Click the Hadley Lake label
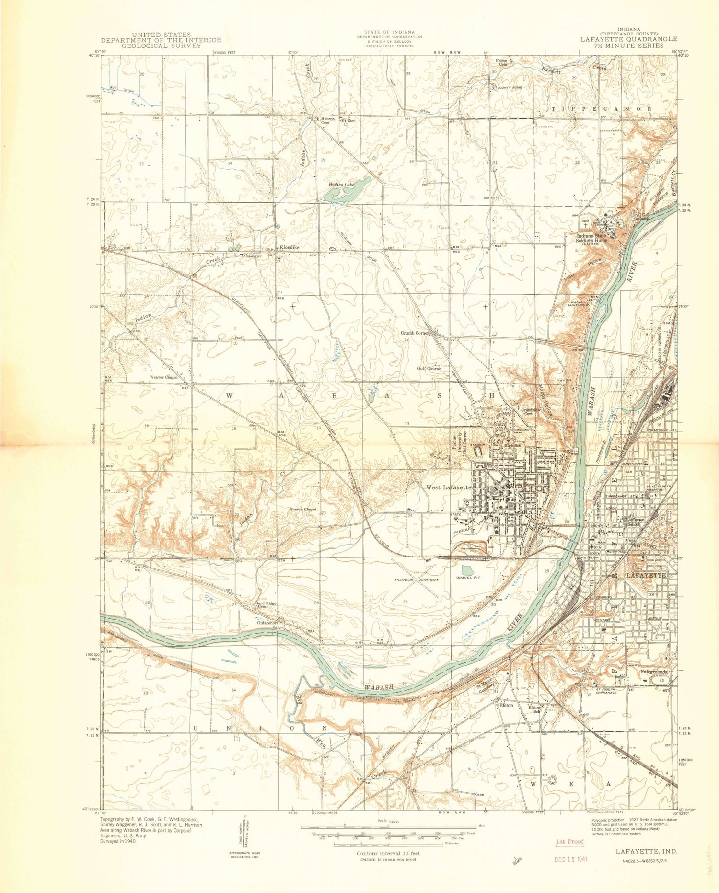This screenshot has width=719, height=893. tap(341, 184)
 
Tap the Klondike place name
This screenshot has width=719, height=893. tap(290, 248)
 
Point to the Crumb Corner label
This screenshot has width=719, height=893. tap(415, 333)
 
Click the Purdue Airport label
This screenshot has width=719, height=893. tap(416, 580)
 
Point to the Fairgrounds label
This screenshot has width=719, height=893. tap(654, 673)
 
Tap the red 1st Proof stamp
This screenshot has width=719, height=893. tap(569, 841)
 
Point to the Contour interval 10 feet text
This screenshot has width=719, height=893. tap(388, 853)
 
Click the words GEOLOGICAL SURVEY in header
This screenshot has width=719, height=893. tap(161, 46)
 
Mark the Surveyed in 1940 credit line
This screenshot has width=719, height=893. tap(118, 841)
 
